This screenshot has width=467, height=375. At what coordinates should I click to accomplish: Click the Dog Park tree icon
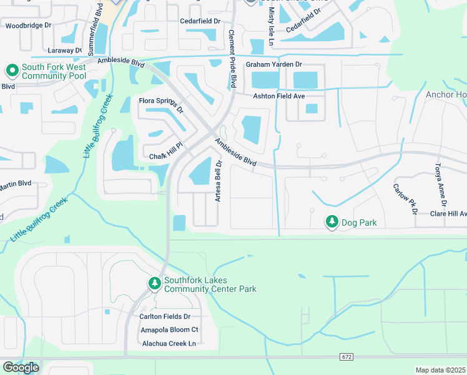point(332,222)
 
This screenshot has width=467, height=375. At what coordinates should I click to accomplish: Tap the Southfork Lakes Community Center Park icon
point(154,284)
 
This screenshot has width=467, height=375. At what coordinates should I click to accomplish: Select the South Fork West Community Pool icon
point(11,71)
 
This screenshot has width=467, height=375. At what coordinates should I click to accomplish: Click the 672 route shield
point(347,356)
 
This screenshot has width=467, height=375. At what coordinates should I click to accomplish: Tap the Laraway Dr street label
point(64,50)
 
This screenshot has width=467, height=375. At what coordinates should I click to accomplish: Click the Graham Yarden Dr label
point(273,64)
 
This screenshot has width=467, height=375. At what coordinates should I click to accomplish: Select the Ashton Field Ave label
point(278,96)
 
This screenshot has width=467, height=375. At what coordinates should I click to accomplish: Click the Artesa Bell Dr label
point(219,181)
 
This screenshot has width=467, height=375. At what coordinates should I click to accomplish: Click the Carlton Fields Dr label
point(169,317)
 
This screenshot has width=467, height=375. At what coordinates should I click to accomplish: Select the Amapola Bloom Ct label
point(169,330)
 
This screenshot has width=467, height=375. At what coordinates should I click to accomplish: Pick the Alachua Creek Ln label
point(169,344)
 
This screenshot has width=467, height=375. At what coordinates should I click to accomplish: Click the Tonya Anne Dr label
point(440,186)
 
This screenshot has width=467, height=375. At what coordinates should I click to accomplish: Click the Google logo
point(20,367)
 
